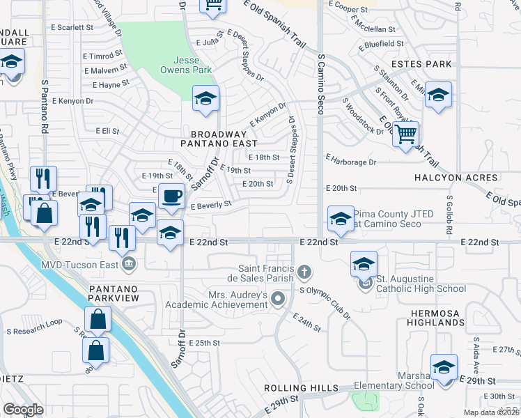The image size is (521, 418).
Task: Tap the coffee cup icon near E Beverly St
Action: coord(171,196)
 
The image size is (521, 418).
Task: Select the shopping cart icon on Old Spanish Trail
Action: coord(405,133)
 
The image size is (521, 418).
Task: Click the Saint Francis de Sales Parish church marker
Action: coord(304,270)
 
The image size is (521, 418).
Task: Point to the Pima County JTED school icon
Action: coord(341,218)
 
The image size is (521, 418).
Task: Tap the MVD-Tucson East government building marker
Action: coord(128,264)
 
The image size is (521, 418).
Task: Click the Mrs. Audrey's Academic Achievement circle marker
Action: coord(278,300)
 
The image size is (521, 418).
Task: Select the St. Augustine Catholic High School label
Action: coord(421,288)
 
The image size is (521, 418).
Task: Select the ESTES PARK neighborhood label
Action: coord(421,64)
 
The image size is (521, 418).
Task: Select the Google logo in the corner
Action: coord(24,410)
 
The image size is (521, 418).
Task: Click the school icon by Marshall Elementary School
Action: coord(444,367)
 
